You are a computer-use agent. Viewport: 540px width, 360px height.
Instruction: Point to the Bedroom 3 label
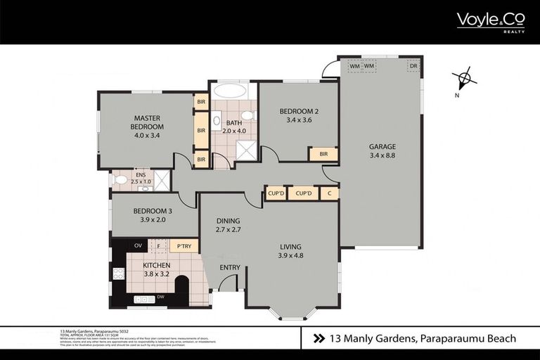pos(153,215)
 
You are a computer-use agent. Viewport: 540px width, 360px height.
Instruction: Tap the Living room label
pos(290,251)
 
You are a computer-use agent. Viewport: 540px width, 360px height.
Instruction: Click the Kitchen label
pos(157,269)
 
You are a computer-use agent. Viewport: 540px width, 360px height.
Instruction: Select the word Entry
pos(230,267)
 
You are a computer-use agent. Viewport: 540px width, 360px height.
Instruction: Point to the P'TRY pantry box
pos(184,246)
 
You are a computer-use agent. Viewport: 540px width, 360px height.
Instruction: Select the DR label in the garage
pos(413,66)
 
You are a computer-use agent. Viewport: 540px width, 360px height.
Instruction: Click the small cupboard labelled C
pos(328,193)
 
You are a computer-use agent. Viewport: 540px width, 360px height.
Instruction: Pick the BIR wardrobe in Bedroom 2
pos(323,154)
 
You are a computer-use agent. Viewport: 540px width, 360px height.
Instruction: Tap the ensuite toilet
pos(121,180)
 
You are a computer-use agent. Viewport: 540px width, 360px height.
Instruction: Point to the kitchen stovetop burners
pos(118,273)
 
